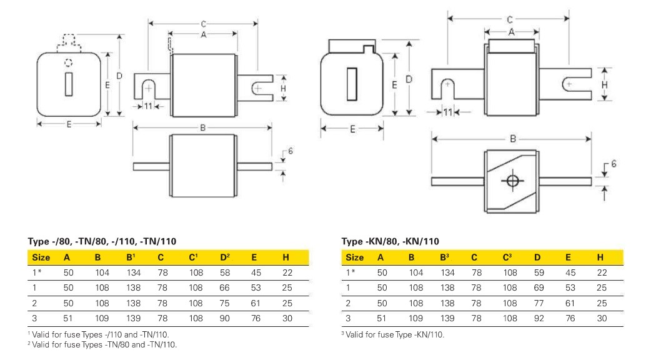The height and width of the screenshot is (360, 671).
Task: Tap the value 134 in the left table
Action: click(132, 272)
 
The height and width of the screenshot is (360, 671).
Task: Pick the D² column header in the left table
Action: click(225, 257)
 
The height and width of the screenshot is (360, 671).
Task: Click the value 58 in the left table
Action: click(224, 272)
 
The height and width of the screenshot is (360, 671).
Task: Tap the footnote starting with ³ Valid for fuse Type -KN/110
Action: click(392, 335)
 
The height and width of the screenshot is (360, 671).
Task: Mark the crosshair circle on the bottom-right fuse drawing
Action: click(512, 181)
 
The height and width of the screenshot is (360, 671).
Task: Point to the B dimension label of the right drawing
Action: click(512, 139)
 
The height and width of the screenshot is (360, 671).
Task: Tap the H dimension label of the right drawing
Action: click(604, 83)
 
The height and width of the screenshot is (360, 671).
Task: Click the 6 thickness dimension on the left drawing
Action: click(290, 152)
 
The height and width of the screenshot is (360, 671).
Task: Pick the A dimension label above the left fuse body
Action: click(203, 36)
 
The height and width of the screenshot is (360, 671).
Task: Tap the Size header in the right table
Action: click(354, 257)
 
